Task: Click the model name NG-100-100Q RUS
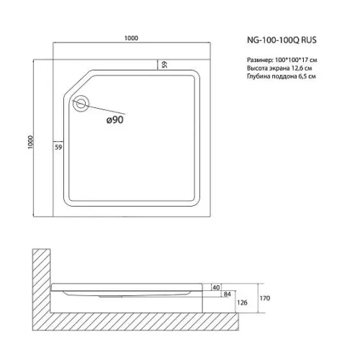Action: (x=282, y=40)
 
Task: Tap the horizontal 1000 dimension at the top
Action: (x=131, y=38)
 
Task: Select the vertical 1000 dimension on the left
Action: (x=30, y=142)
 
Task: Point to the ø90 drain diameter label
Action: (x=115, y=120)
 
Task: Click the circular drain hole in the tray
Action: (x=81, y=104)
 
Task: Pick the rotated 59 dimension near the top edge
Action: (x=165, y=64)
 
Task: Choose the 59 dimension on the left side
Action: (x=58, y=147)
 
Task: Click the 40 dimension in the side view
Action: (x=216, y=287)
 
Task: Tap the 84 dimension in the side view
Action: (x=227, y=294)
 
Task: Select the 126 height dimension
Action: (x=242, y=302)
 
